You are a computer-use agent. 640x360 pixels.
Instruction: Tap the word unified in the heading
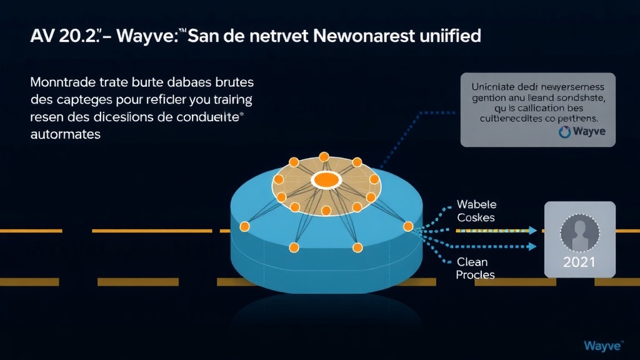coord(452,36)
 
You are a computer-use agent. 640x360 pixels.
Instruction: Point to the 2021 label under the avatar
coord(579,262)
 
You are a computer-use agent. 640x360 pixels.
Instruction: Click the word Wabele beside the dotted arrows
coord(476,204)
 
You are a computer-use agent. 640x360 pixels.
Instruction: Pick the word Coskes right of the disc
coord(476,217)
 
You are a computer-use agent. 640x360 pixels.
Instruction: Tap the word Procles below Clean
coord(475,275)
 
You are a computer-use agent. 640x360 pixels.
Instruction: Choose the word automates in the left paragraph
coord(65,134)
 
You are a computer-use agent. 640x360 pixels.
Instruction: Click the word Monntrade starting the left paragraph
coord(65,82)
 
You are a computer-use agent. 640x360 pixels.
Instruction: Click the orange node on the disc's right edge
coord(409,226)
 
